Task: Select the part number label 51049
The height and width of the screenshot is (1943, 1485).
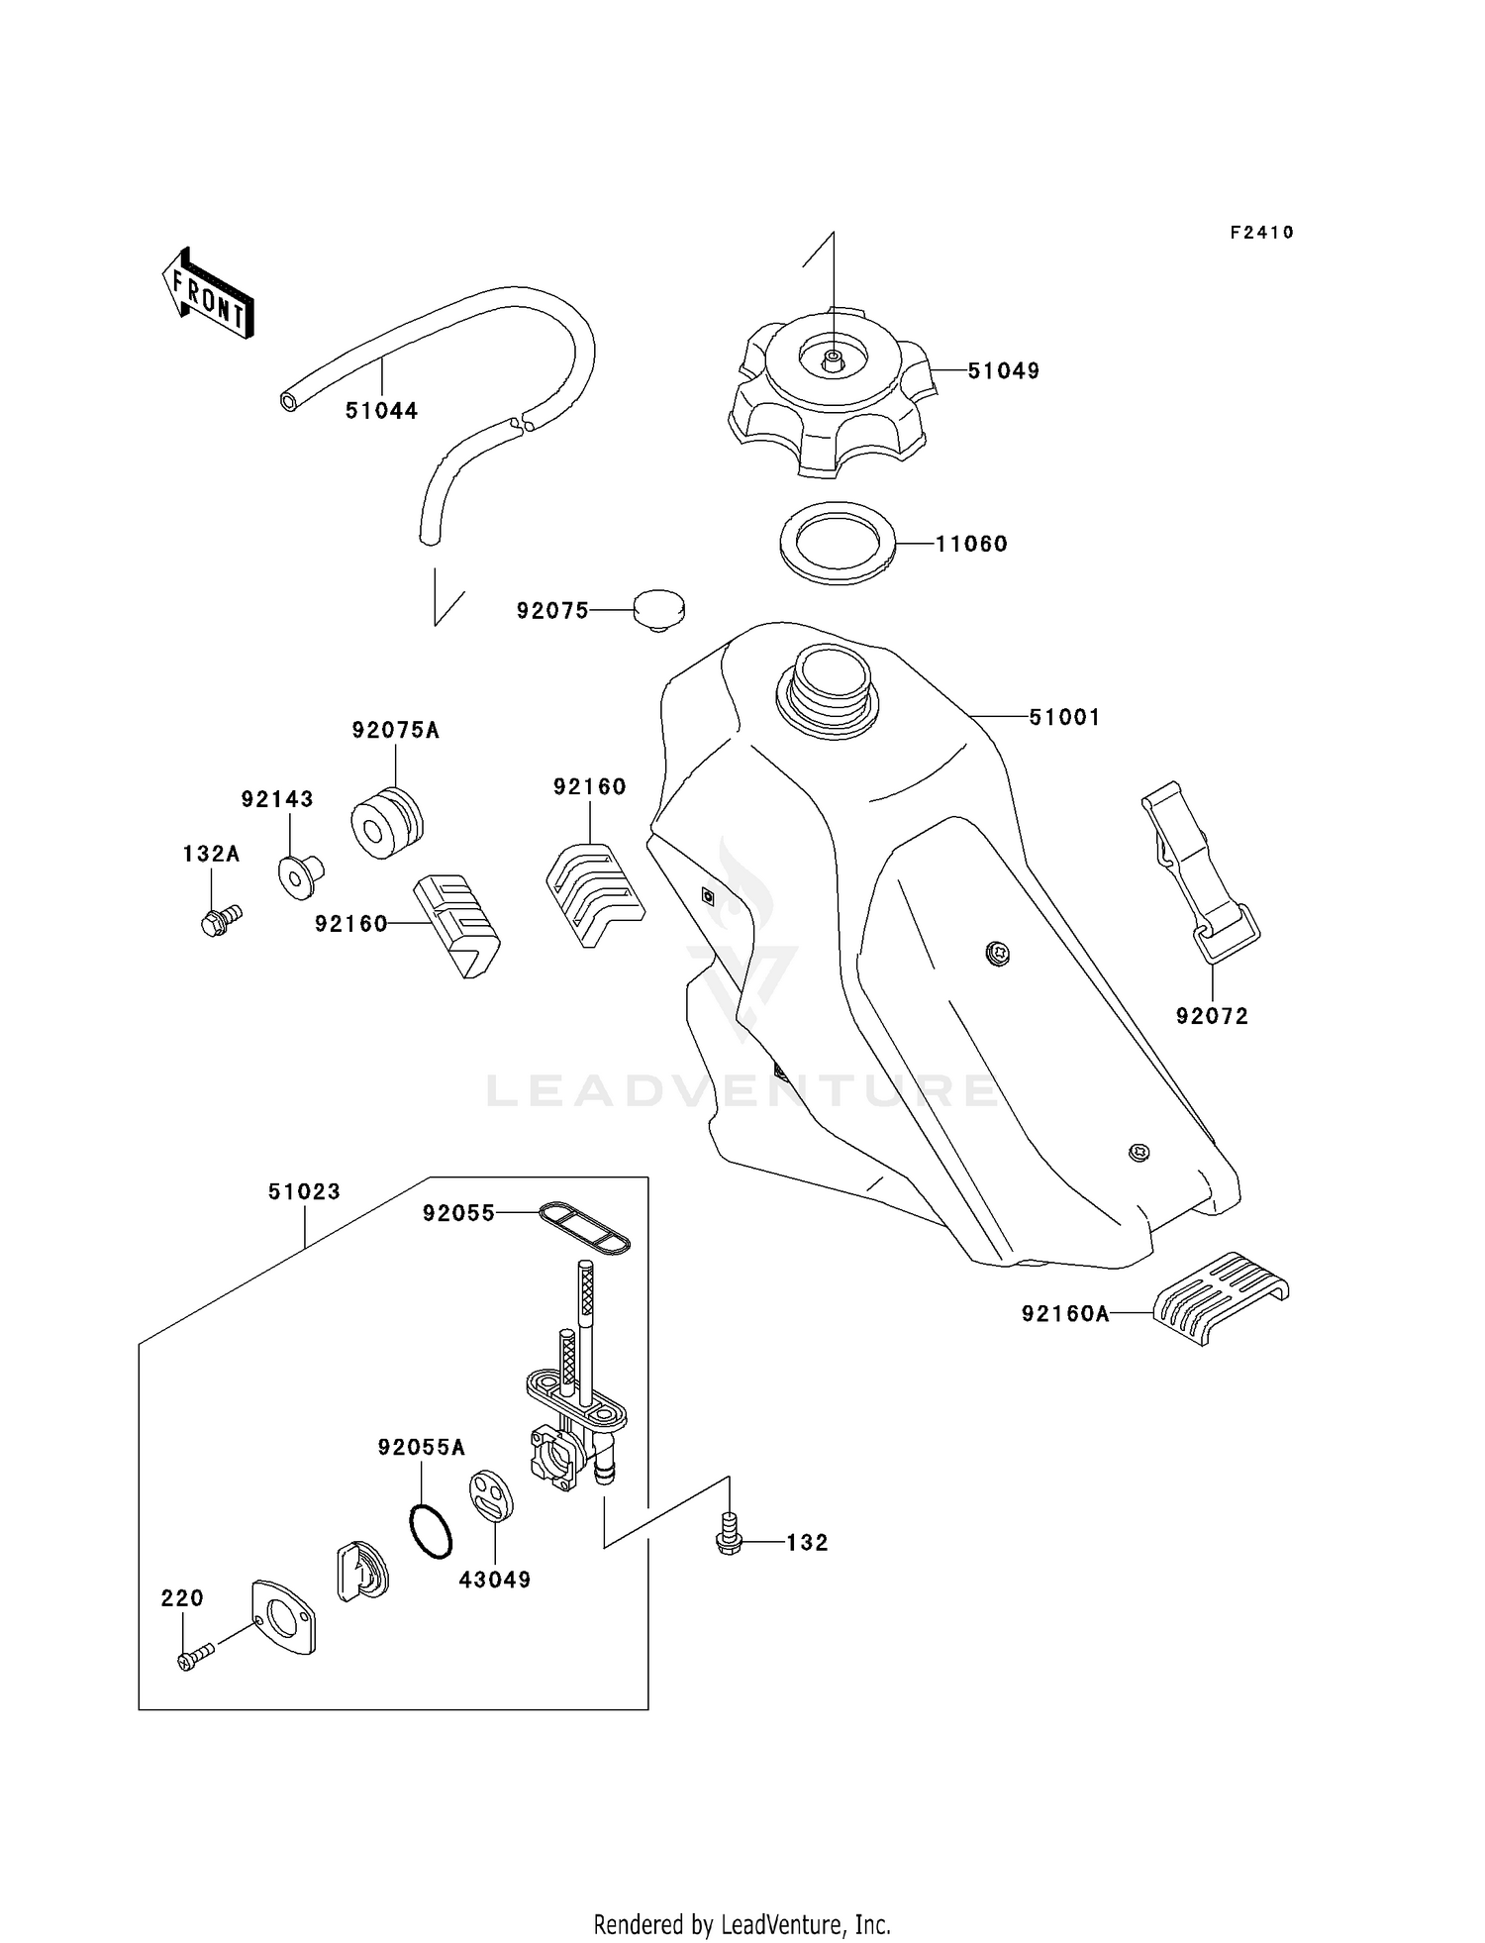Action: (x=1003, y=371)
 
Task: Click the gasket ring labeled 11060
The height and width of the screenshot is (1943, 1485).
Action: (x=839, y=543)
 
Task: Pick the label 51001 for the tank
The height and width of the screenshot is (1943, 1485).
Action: (x=1064, y=717)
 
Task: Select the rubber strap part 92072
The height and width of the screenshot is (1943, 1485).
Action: (x=1196, y=872)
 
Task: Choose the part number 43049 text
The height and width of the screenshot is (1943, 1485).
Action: (x=494, y=1580)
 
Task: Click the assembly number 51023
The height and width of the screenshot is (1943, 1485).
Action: (x=304, y=1192)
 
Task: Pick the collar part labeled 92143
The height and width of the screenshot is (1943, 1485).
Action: (x=300, y=877)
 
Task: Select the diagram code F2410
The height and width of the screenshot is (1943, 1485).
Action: (x=1261, y=233)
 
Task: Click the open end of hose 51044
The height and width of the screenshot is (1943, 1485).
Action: (x=288, y=401)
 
